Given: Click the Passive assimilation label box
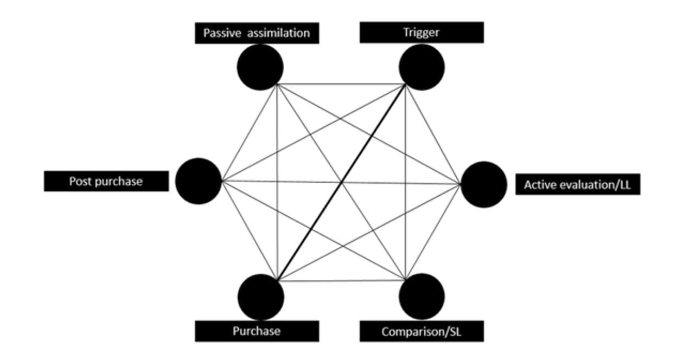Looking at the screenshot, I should click(257, 33).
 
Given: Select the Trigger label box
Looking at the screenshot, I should click(421, 33).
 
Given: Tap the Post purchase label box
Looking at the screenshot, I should click(106, 181).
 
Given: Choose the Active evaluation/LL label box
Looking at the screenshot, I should click(577, 185).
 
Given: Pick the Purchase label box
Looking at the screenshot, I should click(257, 331).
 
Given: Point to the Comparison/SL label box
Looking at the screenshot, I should click(421, 331).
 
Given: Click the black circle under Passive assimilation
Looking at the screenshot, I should click(260, 67).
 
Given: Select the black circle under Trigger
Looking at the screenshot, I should click(421, 67).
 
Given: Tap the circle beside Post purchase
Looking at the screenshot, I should click(199, 181).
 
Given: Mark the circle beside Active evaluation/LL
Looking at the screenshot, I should click(484, 184).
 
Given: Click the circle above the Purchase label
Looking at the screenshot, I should click(260, 297).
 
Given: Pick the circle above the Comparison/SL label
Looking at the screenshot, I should click(421, 297).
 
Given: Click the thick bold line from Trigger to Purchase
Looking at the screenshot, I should click(341, 183).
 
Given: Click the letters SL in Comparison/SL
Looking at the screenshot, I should click(453, 331).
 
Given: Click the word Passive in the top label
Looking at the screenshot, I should click(222, 33).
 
